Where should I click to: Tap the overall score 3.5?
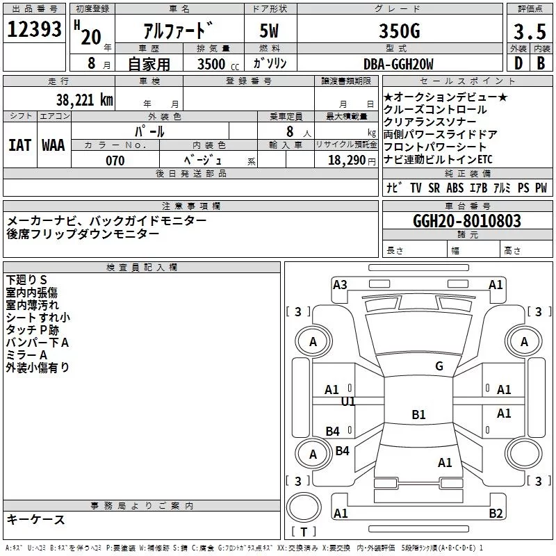(x=530, y=32)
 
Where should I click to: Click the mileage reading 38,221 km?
(x=84, y=100)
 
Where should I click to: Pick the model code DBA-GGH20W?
(x=398, y=64)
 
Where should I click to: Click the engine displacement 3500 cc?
(x=218, y=64)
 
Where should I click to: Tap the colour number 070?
(x=115, y=161)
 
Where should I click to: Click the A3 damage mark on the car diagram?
(x=340, y=284)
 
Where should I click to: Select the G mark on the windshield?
(x=439, y=366)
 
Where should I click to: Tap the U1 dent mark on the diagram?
(x=348, y=402)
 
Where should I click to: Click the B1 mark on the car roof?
(x=418, y=415)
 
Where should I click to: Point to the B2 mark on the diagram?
(x=496, y=514)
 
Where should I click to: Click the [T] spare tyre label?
(x=304, y=532)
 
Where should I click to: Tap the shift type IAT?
(x=19, y=145)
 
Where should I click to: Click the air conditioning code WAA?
(x=54, y=145)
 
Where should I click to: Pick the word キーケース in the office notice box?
(x=36, y=520)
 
